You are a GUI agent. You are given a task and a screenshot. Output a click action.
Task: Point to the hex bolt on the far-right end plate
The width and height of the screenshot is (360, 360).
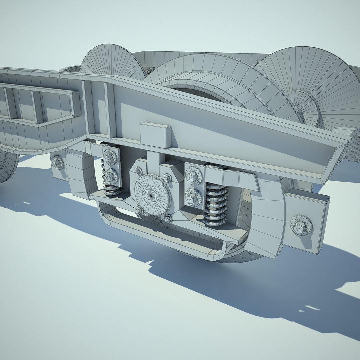[x=301, y=225]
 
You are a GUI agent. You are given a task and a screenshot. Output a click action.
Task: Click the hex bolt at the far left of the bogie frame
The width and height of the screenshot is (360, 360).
[x=58, y=162]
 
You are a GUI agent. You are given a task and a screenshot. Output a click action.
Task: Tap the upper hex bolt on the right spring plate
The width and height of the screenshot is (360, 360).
[x=194, y=174]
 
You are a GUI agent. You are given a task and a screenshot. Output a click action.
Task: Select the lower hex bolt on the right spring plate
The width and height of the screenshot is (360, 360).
[x=194, y=197]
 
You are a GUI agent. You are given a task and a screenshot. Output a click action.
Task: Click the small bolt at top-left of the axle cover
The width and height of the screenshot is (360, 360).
[x=138, y=171]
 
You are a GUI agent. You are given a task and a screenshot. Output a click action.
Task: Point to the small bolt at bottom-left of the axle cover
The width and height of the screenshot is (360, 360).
[x=140, y=210]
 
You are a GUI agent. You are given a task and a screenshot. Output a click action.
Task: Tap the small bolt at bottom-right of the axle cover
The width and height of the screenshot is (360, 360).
[x=168, y=218]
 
